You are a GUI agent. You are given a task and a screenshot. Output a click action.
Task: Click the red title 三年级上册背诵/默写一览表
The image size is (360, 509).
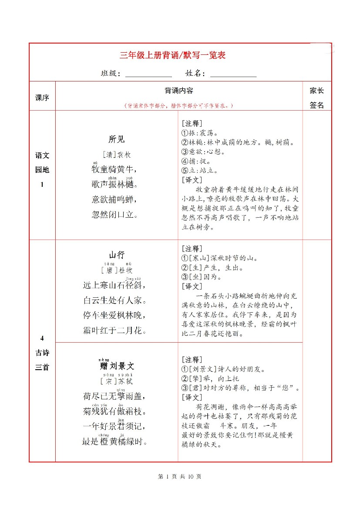[x=172, y=55]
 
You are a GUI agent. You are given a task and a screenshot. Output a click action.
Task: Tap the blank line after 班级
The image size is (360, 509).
[x=148, y=74]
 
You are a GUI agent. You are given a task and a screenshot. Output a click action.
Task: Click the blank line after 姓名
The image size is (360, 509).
[x=233, y=74]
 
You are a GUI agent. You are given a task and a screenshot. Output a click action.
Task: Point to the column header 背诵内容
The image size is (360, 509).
[x=179, y=91]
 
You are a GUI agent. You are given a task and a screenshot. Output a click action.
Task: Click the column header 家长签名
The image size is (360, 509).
[x=317, y=98]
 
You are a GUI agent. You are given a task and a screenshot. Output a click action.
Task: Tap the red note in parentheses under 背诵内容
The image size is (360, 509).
[x=179, y=105]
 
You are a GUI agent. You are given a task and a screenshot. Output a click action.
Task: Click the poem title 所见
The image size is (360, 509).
[x=117, y=139]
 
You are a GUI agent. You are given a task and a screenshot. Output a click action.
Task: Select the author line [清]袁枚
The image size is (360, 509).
[x=117, y=155]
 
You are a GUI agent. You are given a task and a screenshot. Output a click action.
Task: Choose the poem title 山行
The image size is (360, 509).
[x=117, y=255]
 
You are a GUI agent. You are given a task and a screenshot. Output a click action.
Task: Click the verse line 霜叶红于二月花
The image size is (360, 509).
[x=114, y=330]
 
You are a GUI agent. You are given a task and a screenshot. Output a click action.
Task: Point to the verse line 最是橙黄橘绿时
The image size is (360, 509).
[x=114, y=442]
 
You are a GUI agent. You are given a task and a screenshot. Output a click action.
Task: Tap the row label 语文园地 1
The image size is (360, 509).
[x=42, y=170]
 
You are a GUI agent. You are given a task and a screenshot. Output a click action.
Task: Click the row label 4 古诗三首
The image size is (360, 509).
[x=42, y=353]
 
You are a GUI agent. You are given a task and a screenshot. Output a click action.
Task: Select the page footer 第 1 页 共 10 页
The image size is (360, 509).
[x=180, y=476]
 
